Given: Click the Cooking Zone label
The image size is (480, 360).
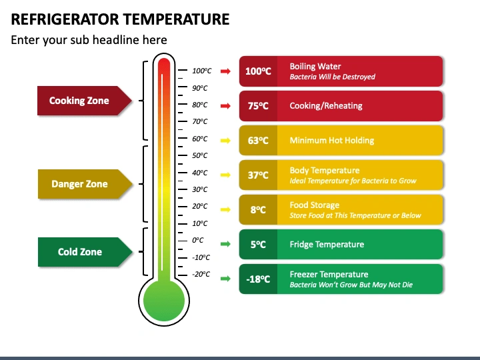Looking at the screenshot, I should tap(79, 101).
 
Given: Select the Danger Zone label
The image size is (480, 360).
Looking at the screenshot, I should tap(79, 184).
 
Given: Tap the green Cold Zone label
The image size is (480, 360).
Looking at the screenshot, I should tap(80, 252).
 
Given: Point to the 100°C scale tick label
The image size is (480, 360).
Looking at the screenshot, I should tap(201, 71).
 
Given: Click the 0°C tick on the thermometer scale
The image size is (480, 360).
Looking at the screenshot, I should tap(197, 240).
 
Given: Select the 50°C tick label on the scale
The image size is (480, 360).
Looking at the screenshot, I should tap(200, 155).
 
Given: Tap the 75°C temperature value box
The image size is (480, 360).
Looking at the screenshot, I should tap(257, 106).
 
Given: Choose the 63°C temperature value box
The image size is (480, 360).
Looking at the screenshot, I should tap(257, 141).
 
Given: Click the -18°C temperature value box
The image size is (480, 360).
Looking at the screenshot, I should tap(257, 279).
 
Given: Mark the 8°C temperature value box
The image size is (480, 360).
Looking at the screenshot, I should tap(257, 209).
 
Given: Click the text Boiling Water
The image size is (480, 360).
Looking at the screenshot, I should tap(315, 67).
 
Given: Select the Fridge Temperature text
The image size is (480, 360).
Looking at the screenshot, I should tap(327, 245).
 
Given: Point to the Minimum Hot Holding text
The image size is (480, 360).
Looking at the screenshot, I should tap(331, 141).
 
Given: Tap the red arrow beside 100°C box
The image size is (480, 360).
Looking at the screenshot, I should tap(226, 71).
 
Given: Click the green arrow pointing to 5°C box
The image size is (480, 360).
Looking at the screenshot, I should tap(226, 244).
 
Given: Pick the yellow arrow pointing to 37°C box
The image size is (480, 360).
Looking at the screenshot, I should tap(226, 175).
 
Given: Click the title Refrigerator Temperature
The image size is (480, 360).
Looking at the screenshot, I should tap(120, 19).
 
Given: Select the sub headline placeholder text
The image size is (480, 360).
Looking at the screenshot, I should tap(89, 40).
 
